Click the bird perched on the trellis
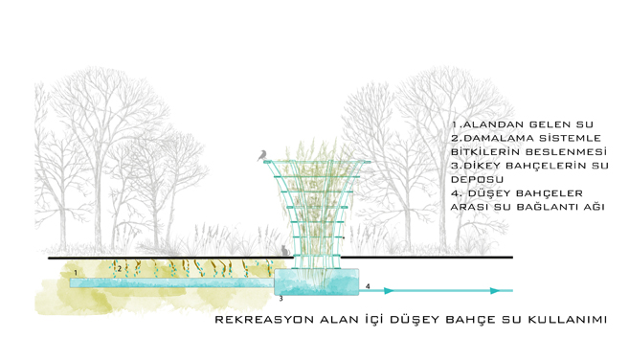coord(262,156)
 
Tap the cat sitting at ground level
coord(284,251)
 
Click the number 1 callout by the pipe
coord(76,273)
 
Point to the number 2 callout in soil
coord(119,269)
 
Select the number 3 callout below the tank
coord(281,299)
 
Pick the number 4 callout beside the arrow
coord(368,286)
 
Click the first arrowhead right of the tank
coord(389,290)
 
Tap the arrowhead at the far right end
coord(495,290)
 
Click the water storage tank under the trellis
coord(316,282)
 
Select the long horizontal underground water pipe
coord(172,283)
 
